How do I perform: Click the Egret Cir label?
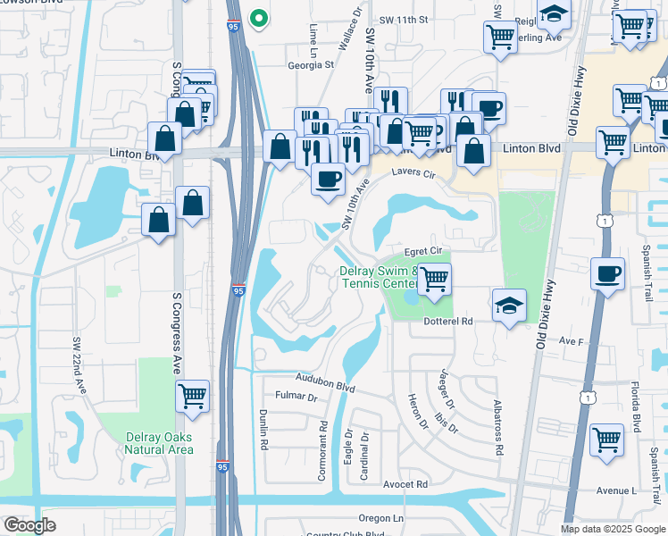coord(424,253)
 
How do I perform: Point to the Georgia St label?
coord(310,64)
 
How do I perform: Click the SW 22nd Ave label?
coord(80,364)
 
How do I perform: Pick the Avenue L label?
coord(616,490)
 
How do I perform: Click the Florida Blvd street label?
coord(637,407)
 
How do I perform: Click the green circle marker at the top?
coord(259,17)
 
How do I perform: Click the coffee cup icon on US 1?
coord(607,272)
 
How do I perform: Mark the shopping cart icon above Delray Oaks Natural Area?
coord(193,395)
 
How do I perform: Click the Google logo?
coord(30,525)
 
